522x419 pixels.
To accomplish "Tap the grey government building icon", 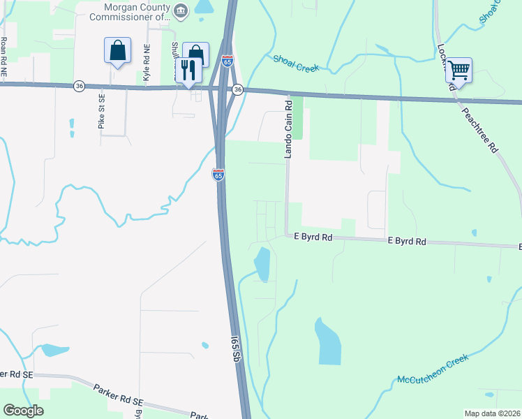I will pyautogui.click(x=181, y=10).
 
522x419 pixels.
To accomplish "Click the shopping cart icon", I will pyautogui.click(x=459, y=70).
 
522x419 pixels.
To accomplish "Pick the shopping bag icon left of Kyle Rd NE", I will pyautogui.click(x=117, y=51).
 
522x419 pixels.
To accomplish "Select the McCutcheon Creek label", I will pyautogui.click(x=432, y=369).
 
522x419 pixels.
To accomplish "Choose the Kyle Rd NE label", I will pyautogui.click(x=147, y=64).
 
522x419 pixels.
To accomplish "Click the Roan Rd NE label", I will pyautogui.click(x=4, y=55).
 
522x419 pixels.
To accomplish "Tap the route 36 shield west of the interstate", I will pyautogui.click(x=80, y=85).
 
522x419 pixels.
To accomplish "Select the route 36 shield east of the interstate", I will pyautogui.click(x=238, y=89).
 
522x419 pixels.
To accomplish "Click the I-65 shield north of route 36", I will pyautogui.click(x=228, y=61).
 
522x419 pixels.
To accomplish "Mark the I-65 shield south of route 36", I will pyautogui.click(x=218, y=175).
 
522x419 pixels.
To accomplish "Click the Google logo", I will pyautogui.click(x=23, y=411).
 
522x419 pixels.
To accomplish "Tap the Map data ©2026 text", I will pyautogui.click(x=492, y=413).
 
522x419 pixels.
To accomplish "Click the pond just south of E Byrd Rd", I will pyautogui.click(x=262, y=264).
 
